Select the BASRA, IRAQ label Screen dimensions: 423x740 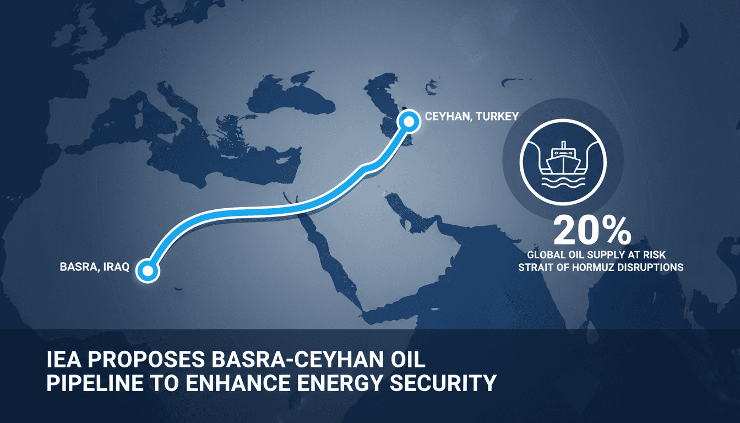click(94, 268)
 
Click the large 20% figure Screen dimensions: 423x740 click(592, 231)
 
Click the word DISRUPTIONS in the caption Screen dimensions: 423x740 click(652, 268)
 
